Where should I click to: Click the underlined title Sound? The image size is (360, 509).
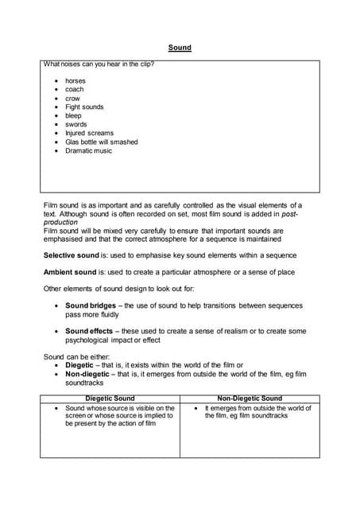click(x=180, y=48)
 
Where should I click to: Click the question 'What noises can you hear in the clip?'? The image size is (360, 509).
click(x=99, y=64)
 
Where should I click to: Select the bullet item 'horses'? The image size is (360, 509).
click(x=75, y=81)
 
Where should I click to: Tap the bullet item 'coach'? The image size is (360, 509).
click(x=75, y=90)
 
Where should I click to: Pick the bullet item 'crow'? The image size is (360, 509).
click(x=72, y=99)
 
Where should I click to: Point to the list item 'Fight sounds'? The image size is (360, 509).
click(x=84, y=107)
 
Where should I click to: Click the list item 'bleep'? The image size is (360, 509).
click(x=73, y=116)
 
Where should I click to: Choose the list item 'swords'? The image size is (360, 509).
click(x=76, y=125)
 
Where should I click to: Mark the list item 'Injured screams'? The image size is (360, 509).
click(x=89, y=134)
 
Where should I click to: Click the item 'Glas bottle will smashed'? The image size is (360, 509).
click(x=101, y=142)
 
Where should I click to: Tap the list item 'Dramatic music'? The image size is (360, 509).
click(x=88, y=151)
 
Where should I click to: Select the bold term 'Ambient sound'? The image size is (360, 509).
click(x=72, y=273)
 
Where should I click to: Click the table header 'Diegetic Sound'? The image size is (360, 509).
click(x=110, y=398)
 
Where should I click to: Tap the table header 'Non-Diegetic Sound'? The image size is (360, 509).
click(x=249, y=398)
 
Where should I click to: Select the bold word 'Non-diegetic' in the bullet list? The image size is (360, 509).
click(x=87, y=374)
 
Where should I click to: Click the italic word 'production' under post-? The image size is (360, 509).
click(x=60, y=223)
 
